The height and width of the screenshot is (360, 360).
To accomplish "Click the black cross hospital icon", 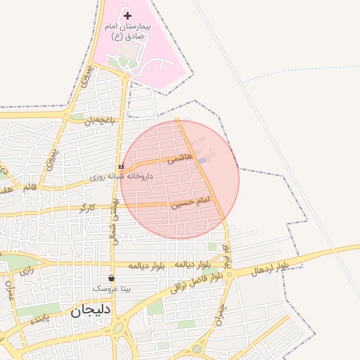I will (127, 15).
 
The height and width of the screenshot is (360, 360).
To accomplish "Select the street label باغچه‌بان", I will (99, 121).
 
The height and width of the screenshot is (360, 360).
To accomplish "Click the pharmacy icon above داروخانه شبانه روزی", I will (122, 167).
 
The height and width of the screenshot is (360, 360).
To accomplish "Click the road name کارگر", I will (86, 208).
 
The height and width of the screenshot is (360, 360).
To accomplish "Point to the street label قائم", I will (30, 188).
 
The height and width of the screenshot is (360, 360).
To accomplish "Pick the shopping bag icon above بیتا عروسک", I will (111, 278).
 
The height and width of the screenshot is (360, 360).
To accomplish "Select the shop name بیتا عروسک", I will (111, 289).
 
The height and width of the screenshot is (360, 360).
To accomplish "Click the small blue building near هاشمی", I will (202, 162).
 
